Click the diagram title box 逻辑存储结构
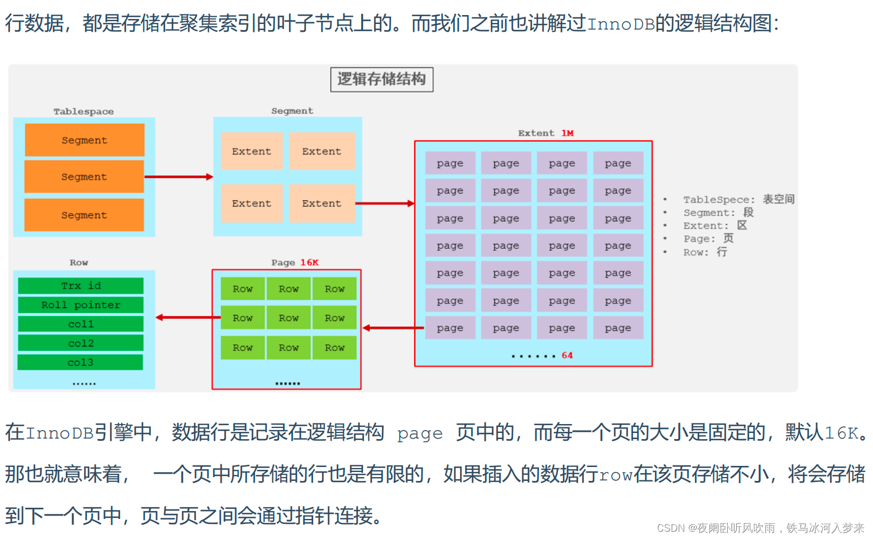pos(382,79)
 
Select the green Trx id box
pos(81,286)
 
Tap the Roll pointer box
pos(81,305)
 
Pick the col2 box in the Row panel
pos(81,343)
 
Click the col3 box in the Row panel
pos(80,363)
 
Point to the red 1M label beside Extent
pos(567,133)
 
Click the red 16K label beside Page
pos(309,262)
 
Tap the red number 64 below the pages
pos(567,355)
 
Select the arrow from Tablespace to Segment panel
pos(179,177)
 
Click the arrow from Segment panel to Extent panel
pos(385,204)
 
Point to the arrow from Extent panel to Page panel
pos(393,328)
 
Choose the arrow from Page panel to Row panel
pos(188,317)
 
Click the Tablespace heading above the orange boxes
pos(84,112)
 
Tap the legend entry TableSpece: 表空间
pos(738,199)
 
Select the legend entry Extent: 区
pos(714,225)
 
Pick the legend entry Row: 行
pos(705,252)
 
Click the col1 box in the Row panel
pos(81,324)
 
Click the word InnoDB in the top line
pos(621,24)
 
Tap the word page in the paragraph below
pos(420,434)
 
